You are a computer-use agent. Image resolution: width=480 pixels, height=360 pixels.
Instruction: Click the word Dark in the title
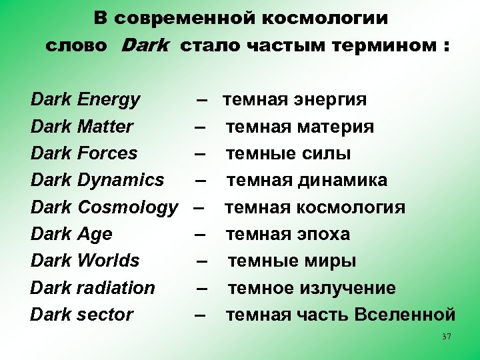coord(145,46)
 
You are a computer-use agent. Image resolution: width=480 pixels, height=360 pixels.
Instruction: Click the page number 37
coord(447,337)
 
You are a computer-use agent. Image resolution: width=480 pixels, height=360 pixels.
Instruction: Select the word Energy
coord(109,100)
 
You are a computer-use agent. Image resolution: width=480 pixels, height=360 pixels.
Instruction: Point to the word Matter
coord(105,127)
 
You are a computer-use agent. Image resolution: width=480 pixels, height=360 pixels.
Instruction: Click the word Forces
coord(107,153)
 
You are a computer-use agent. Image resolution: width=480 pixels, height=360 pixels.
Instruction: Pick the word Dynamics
coord(121,180)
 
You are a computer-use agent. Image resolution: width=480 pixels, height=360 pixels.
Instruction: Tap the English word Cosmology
coord(128,208)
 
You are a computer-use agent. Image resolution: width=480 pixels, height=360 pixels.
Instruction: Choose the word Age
coord(95,234)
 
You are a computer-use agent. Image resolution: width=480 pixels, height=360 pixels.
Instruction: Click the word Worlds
coord(109,261)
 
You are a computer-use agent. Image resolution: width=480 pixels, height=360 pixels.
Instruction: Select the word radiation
coord(116,288)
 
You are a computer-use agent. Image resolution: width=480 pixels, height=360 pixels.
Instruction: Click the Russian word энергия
coord(331,100)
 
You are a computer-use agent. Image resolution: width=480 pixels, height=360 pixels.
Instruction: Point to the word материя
coord(337,127)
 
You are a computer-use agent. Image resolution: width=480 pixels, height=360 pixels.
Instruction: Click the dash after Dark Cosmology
coord(198,207)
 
